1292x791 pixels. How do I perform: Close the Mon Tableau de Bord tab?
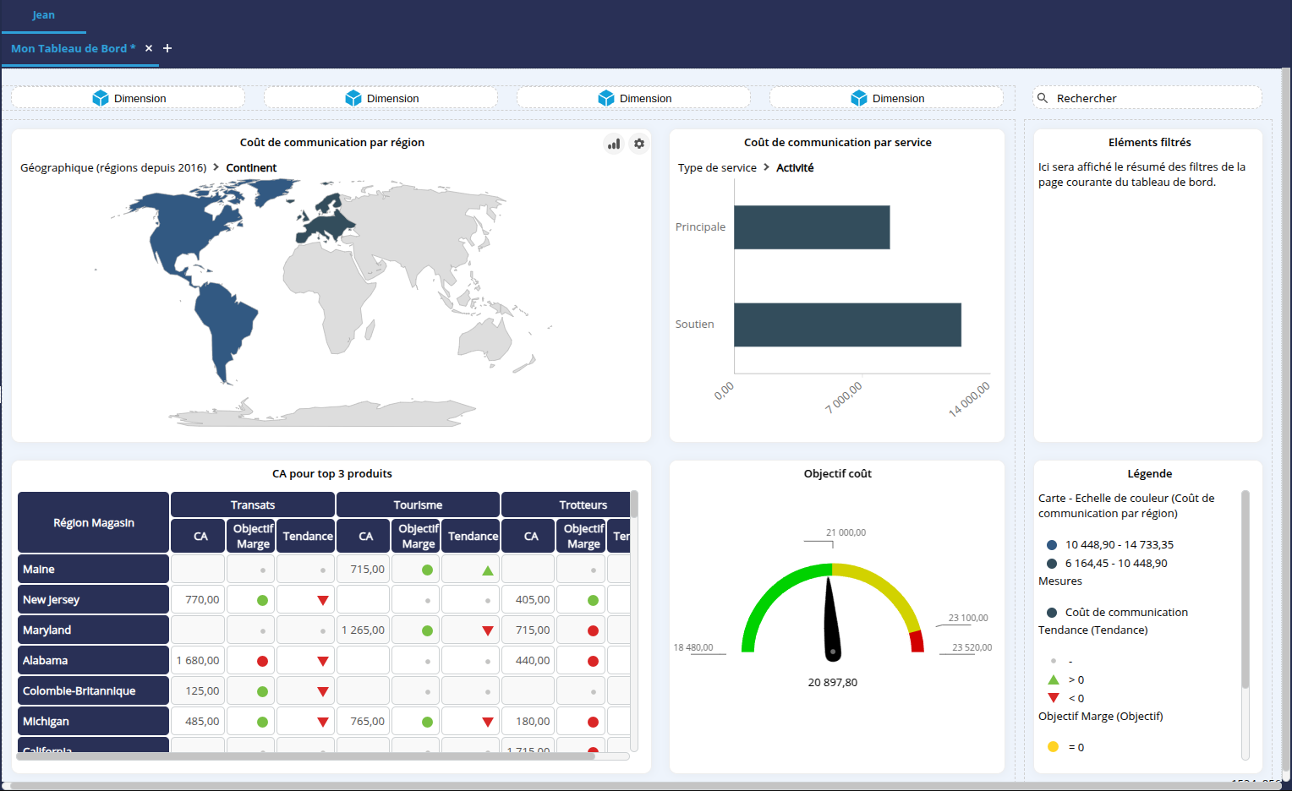click(149, 48)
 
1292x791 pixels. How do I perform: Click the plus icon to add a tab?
click(167, 48)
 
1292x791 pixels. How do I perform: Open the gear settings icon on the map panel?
click(639, 144)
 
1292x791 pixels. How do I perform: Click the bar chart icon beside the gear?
click(614, 144)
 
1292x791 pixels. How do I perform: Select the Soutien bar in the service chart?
click(847, 325)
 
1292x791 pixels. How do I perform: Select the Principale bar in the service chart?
click(812, 227)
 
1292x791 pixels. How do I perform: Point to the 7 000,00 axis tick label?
click(844, 396)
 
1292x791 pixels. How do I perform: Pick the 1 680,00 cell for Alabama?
click(198, 660)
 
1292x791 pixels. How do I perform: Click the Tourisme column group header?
click(418, 505)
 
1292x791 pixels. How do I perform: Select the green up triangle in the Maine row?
click(488, 570)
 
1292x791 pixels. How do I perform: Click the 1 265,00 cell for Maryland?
click(363, 630)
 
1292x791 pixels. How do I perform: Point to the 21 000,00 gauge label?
click(846, 532)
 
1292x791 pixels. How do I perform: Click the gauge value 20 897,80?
click(832, 682)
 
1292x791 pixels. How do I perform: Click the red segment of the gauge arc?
click(917, 642)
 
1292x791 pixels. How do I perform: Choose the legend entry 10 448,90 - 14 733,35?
click(1119, 545)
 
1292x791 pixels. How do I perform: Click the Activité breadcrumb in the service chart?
click(795, 167)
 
